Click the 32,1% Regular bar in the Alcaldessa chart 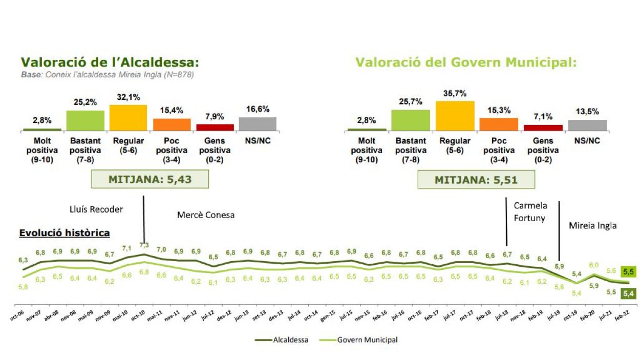coord(128,118)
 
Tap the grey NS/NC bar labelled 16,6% coord(258,124)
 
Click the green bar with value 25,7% coord(411,120)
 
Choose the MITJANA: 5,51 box coord(476,180)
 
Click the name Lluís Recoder coord(96,209)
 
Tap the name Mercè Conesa coord(206,215)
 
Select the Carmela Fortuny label coord(530,211)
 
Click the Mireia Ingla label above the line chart coord(593,225)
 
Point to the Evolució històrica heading coord(65,233)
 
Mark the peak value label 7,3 coord(144,245)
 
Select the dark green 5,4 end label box coord(628,293)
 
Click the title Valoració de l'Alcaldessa coord(110,62)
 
